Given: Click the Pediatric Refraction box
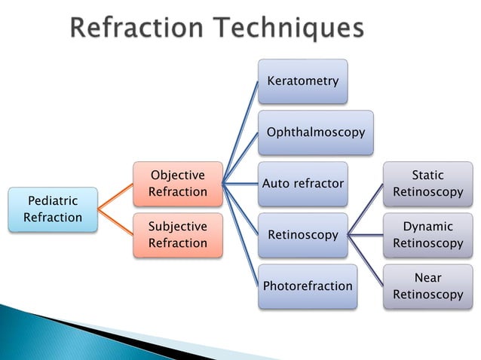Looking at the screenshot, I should pos(53,209).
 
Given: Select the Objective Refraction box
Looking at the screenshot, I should pos(178,184).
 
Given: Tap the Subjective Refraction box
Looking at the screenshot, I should pos(178,235).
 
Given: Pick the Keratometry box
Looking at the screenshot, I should pos(302,81).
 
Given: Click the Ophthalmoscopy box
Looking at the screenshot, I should pos(315,133).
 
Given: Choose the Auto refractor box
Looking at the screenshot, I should pos(302,184).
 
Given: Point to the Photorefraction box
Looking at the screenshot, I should pos(307,286).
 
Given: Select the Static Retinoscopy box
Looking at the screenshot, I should pos(427,184).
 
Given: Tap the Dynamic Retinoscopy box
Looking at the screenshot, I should pos(427,235).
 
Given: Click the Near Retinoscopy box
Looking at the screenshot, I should pos(427,286).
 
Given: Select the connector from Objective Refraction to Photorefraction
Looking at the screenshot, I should pos(241,236).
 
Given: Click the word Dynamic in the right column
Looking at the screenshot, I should pos(427,227).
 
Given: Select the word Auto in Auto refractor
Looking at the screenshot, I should pos(276,184).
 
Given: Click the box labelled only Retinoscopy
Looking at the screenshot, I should pos(302,235).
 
